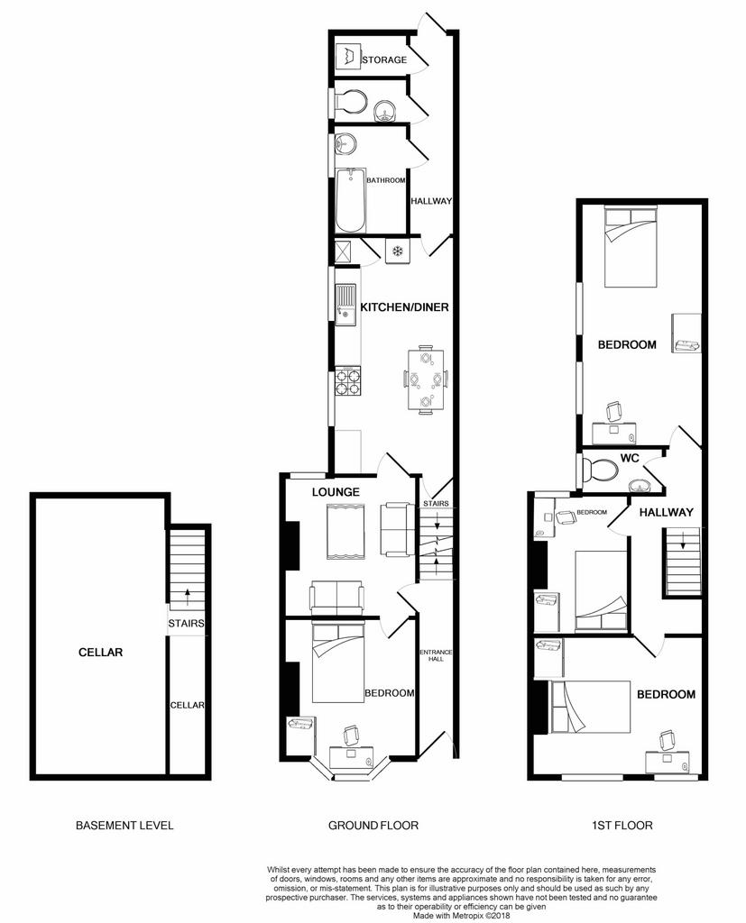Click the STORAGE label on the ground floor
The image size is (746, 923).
pyautogui.click(x=384, y=59)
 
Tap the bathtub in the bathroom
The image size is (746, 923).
pyautogui.click(x=351, y=201)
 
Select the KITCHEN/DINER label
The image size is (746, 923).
pyautogui.click(x=404, y=306)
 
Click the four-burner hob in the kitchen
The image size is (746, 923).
pyautogui.click(x=348, y=381)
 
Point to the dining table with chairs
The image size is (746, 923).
pyautogui.click(x=425, y=380)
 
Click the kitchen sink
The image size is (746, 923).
pyautogui.click(x=345, y=305)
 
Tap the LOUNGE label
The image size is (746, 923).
pyautogui.click(x=336, y=492)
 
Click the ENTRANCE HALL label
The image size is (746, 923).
pyautogui.click(x=436, y=656)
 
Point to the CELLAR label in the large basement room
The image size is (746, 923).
pyautogui.click(x=100, y=653)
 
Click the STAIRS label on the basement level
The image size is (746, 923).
pyautogui.click(x=186, y=624)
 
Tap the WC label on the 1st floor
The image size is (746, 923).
pyautogui.click(x=630, y=459)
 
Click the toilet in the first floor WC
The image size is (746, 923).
pyautogui.click(x=600, y=470)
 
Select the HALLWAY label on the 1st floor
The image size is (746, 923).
pyautogui.click(x=667, y=512)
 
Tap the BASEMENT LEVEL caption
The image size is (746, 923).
pyautogui.click(x=124, y=826)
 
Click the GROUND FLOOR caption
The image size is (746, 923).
pyautogui.click(x=373, y=826)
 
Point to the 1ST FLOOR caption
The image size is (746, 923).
pyautogui.click(x=622, y=826)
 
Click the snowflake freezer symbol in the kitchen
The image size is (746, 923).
pyautogui.click(x=398, y=251)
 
